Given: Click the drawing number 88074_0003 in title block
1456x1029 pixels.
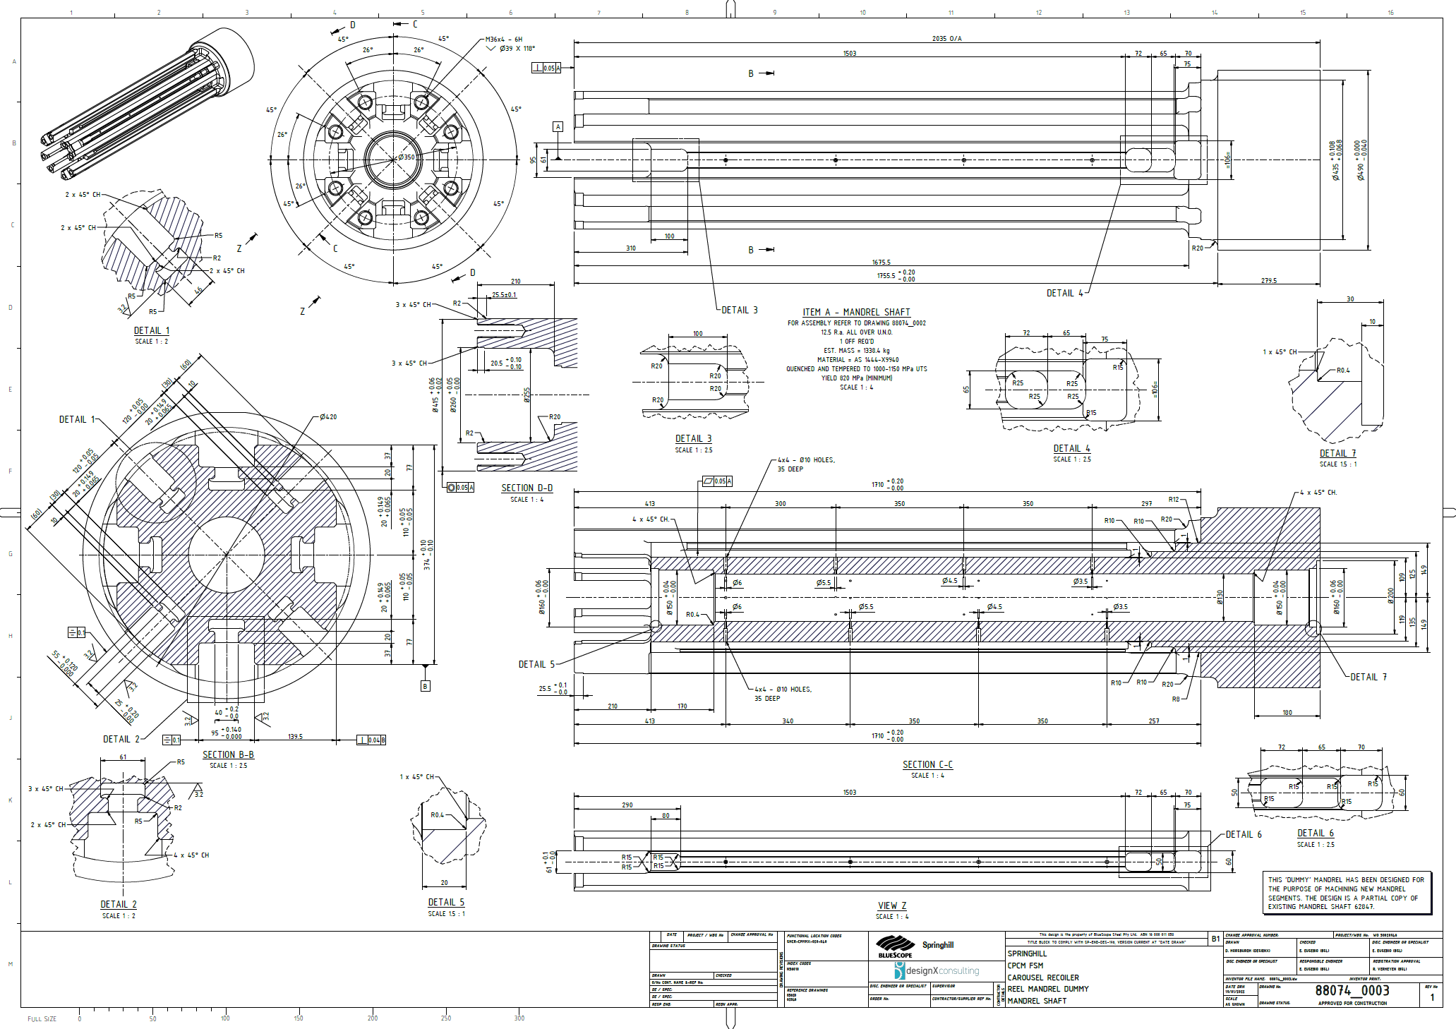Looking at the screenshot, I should pos(1352,990).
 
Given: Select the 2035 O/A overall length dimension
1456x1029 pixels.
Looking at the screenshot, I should pos(946,39).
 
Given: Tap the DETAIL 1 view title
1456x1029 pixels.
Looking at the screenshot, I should pos(152,330).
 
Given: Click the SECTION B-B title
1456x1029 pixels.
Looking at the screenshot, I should pos(228,754).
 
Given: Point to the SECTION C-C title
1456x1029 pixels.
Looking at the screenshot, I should pos(927,764).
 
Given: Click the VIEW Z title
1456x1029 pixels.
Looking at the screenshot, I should pos(892,905).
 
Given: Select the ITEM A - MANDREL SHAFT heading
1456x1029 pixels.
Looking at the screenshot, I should pos(856,312).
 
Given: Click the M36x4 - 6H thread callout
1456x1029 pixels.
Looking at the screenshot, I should pos(504,40).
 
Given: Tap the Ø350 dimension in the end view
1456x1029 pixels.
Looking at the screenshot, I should pos(407,157).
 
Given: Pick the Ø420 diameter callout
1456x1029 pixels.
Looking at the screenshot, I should pos(328,417).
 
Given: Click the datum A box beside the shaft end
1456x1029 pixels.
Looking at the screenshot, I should pos(558,127).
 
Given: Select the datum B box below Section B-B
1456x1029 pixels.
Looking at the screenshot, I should pos(425,686).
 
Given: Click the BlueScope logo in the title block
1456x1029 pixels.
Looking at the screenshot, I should pos(896,946).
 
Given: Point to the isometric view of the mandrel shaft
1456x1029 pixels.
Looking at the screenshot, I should pos(148,102).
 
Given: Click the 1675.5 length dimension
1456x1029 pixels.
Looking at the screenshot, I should pos(881,263).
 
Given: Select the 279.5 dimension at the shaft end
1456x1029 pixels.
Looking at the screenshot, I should pos(1268,281).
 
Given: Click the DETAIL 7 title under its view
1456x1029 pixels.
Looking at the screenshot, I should pos(1337,454).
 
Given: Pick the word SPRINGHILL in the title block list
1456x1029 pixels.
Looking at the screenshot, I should pos(1027,953).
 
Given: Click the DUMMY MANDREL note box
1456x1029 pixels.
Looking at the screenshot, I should pos(1346,893).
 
